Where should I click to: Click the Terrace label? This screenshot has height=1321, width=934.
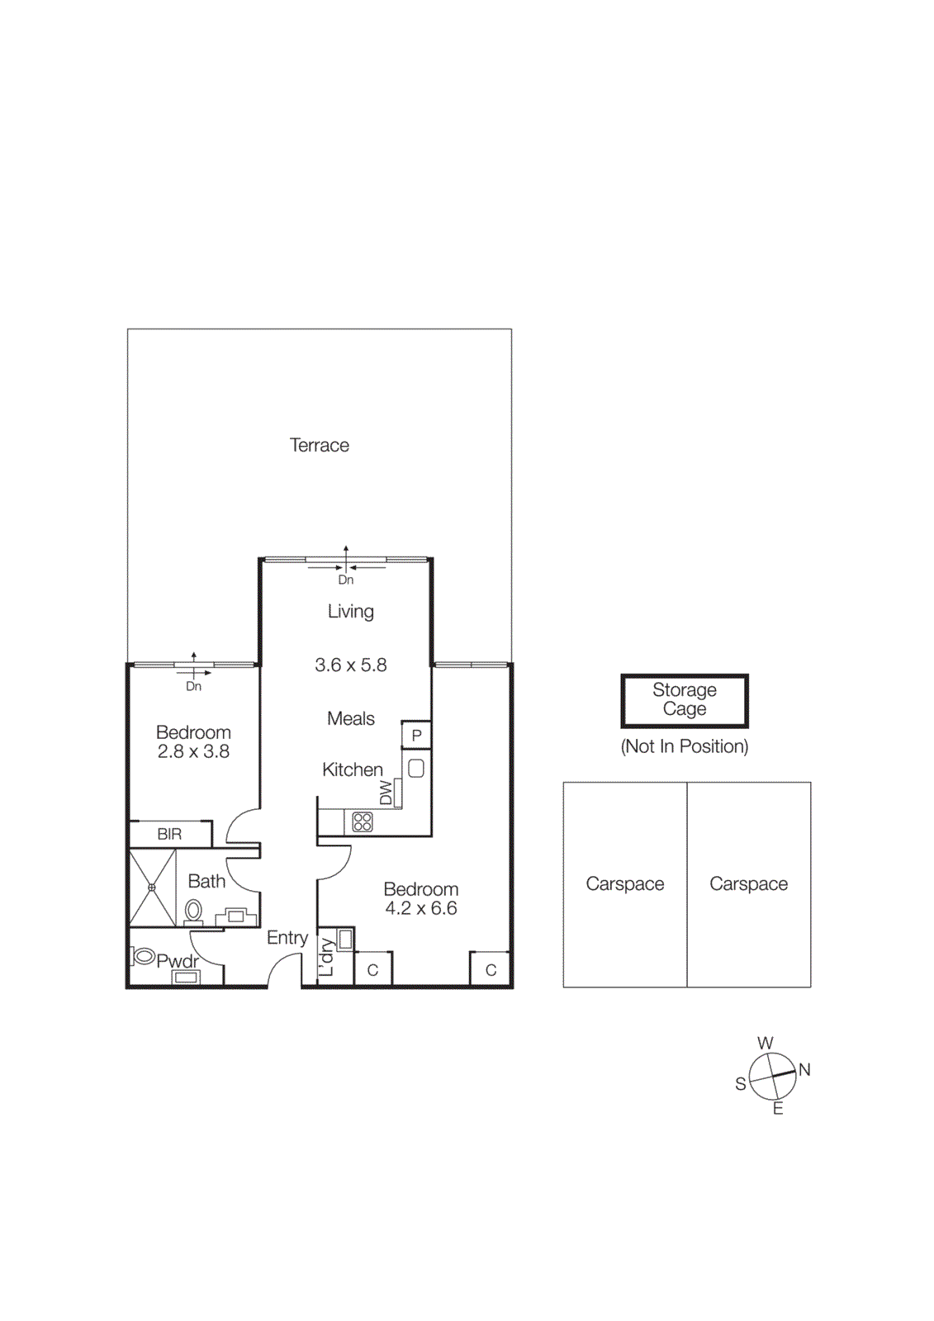coord(319,445)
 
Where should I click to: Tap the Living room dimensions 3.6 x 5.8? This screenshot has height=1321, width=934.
coord(350,665)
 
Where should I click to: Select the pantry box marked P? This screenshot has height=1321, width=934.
coord(416,735)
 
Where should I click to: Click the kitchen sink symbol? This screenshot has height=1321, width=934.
coord(416,768)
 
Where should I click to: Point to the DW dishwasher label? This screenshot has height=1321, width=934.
coord(386,793)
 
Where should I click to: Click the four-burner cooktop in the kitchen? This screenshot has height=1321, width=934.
coord(363,821)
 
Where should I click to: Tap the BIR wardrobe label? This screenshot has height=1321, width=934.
coord(169,834)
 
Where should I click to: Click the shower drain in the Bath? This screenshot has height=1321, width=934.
coord(153,888)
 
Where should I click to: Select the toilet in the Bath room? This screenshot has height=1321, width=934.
coord(193,911)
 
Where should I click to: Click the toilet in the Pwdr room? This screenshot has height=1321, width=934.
coord(144,956)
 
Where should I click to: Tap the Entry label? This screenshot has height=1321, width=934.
coord(287,937)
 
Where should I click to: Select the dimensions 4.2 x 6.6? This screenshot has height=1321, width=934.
coord(420,908)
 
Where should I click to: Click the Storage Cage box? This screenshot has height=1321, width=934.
coord(684,700)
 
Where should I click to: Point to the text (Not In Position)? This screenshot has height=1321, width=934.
coord(684,746)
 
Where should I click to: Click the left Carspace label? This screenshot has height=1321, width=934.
coord(624,883)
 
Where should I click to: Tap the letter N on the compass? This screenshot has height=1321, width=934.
coord(804,1070)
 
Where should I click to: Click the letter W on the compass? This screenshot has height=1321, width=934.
coord(765,1043)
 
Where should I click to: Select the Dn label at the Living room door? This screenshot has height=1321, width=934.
coord(345,580)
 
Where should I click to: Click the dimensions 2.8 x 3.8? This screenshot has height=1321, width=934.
coord(193,751)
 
